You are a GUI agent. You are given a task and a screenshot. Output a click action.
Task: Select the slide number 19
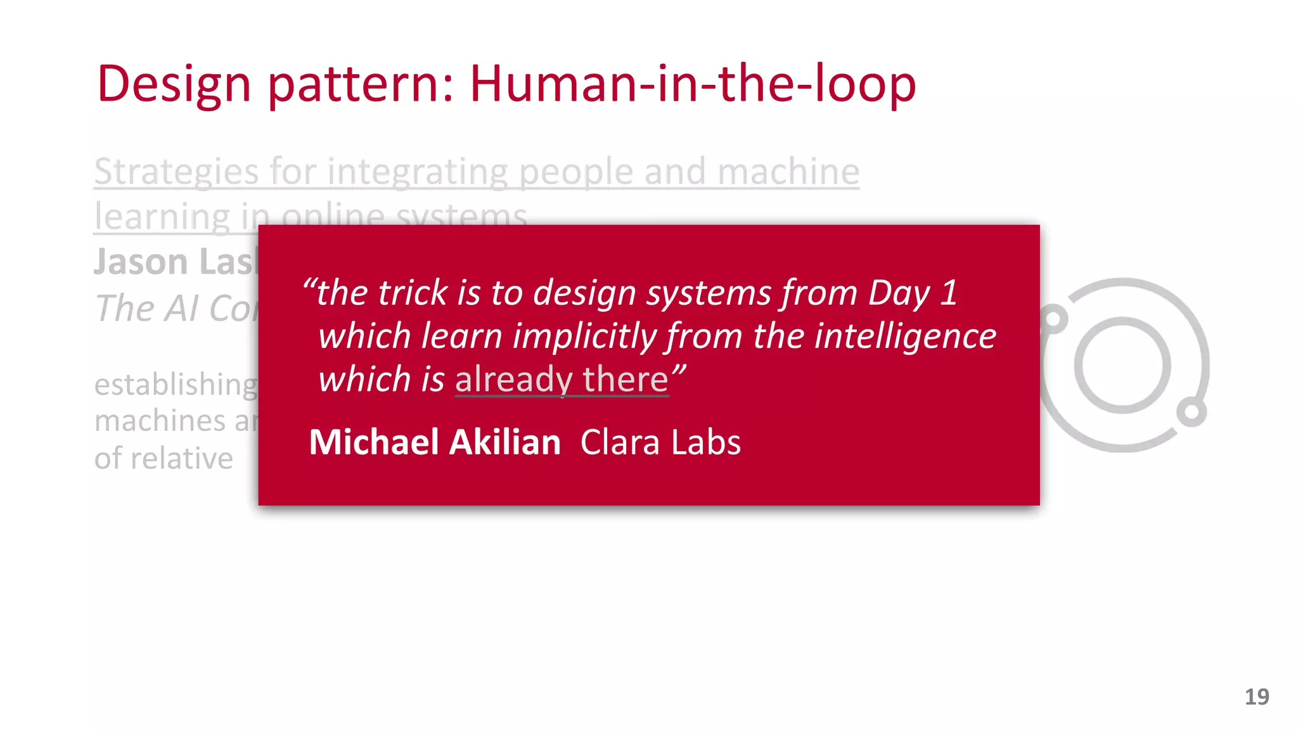[x=1256, y=697]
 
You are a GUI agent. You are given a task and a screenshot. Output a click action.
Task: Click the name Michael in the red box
[x=373, y=442]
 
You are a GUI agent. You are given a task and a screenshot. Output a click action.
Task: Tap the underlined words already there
[x=562, y=380]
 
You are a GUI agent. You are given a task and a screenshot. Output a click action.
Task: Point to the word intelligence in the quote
[x=905, y=336]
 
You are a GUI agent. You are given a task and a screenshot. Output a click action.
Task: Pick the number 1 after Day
[x=948, y=293]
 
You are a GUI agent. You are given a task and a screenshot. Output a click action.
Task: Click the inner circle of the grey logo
[x=1122, y=365]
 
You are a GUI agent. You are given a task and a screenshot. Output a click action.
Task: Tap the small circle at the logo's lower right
[x=1192, y=413]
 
